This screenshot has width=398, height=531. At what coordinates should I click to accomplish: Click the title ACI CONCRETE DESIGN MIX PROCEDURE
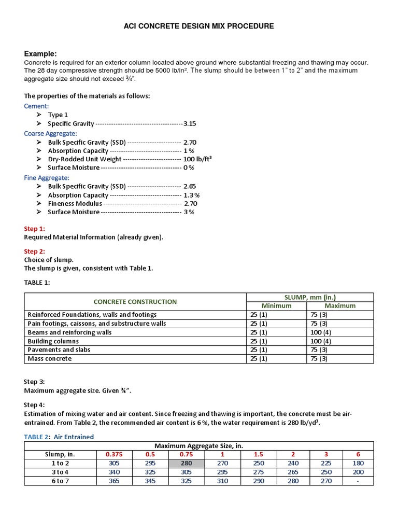click(199, 26)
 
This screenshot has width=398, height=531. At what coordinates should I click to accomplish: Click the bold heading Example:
click(40, 54)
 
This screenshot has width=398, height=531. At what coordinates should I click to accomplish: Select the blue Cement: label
click(36, 106)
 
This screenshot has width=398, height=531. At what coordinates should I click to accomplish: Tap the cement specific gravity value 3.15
click(190, 124)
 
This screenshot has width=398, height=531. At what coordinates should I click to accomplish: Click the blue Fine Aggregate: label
click(47, 177)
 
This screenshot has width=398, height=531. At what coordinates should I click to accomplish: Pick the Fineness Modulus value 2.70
click(190, 204)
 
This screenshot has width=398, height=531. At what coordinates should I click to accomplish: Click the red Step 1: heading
click(35, 229)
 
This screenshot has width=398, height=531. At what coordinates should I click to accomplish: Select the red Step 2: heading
click(35, 251)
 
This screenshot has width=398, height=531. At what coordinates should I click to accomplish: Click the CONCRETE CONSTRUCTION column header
click(135, 301)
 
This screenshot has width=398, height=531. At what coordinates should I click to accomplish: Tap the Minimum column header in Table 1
click(277, 306)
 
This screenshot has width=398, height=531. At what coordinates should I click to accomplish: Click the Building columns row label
click(53, 341)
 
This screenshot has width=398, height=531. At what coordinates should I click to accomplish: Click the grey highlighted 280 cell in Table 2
click(186, 463)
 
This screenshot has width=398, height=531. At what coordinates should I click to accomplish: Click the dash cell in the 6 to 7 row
click(358, 481)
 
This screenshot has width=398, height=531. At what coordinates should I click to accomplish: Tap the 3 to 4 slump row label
click(61, 472)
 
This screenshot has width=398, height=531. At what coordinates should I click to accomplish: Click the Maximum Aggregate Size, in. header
click(198, 445)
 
